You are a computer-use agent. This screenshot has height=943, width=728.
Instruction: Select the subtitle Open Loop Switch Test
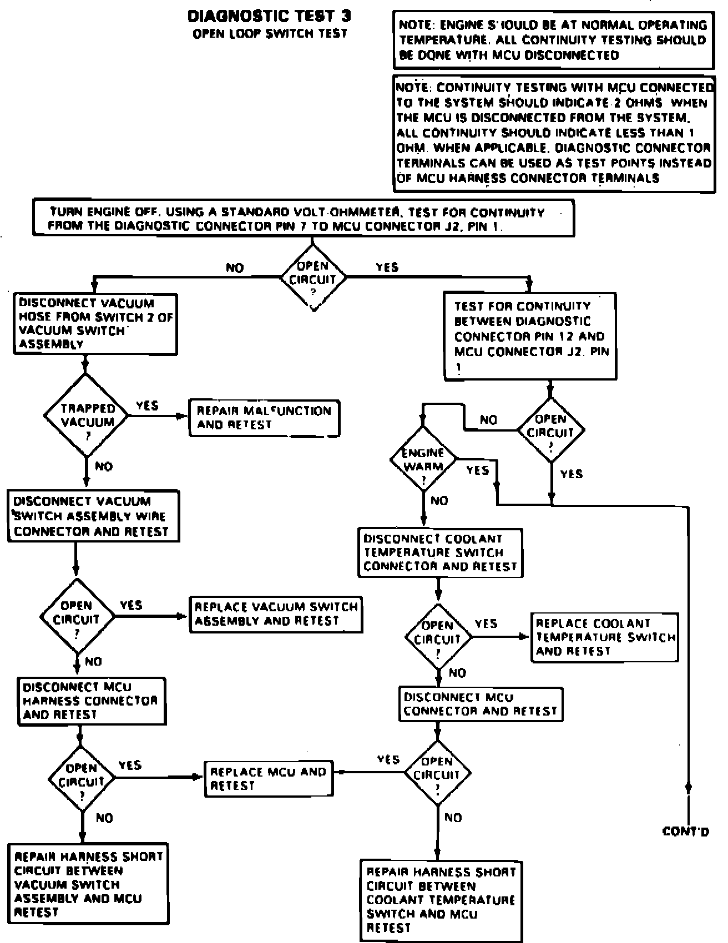[x=270, y=34]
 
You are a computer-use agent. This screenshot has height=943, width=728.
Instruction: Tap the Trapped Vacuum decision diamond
[x=87, y=415]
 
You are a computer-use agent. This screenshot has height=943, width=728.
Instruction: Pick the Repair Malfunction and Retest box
[x=264, y=418]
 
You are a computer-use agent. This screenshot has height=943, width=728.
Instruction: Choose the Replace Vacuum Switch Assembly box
[x=276, y=614]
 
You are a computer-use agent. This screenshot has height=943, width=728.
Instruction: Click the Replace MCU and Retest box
[x=269, y=778]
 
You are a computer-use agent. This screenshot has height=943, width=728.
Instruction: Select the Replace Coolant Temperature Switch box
[x=605, y=637]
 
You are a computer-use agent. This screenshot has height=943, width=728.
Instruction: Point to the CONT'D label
[x=686, y=831]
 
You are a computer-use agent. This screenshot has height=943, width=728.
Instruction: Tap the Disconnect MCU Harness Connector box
[x=91, y=701]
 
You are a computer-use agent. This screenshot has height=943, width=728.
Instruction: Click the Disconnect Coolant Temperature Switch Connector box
[x=440, y=552]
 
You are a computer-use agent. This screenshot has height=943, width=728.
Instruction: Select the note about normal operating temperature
[x=553, y=40]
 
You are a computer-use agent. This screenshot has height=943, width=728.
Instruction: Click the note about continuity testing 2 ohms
[x=553, y=133]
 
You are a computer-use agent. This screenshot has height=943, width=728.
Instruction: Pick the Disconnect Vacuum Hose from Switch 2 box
[x=95, y=323]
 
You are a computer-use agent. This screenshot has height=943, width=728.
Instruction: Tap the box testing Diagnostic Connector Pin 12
[x=530, y=336]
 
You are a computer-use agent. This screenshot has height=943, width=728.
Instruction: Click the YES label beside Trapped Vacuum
[x=147, y=406]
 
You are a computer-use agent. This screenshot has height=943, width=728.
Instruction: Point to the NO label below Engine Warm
[x=439, y=501]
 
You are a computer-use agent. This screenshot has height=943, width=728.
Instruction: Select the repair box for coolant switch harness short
[x=441, y=900]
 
